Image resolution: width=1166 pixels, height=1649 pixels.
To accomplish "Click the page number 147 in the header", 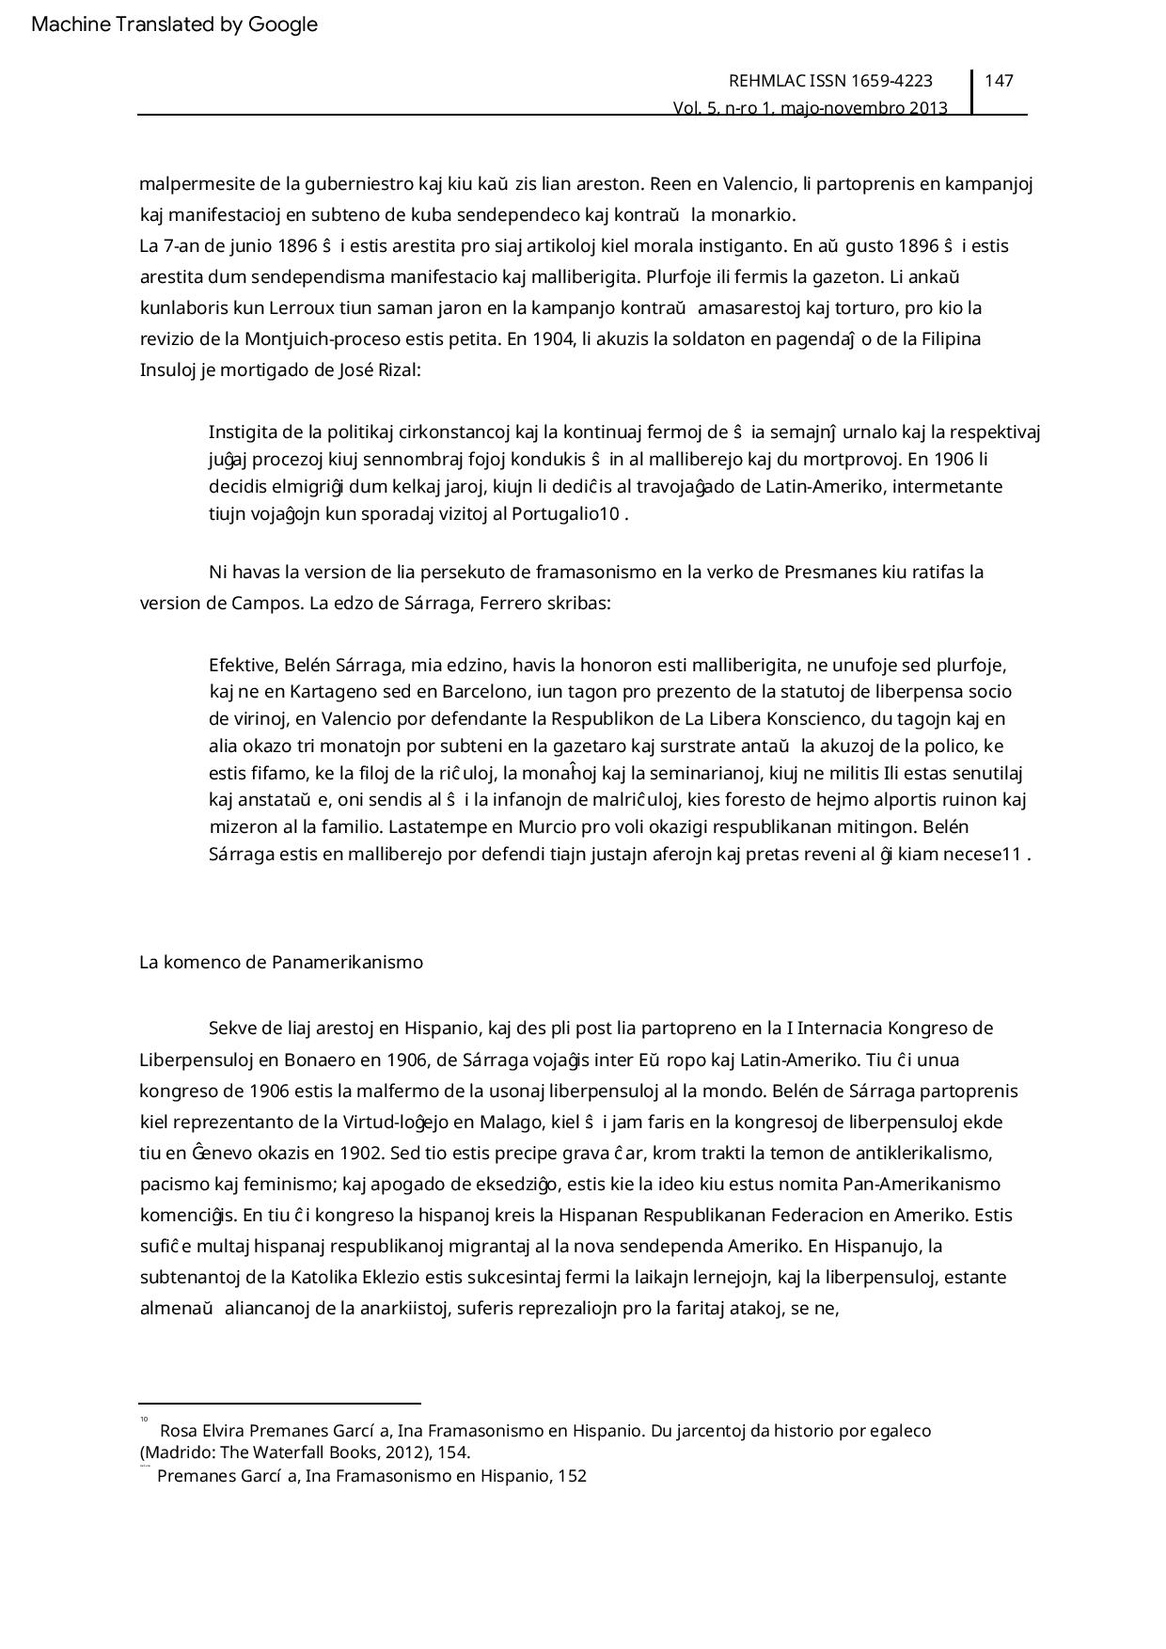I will click(999, 81).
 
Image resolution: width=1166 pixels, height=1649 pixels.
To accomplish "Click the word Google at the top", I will click(283, 24).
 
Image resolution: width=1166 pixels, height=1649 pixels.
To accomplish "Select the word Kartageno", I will click(307, 692).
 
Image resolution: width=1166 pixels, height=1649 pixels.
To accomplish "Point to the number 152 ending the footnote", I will click(572, 1476).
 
